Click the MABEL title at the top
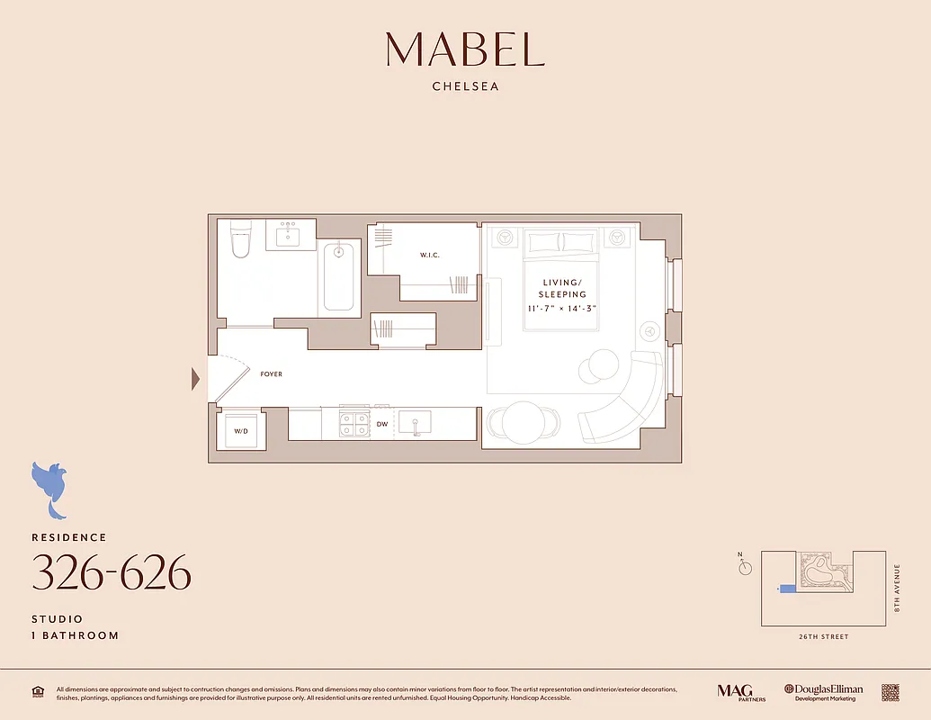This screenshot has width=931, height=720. pyautogui.click(x=465, y=49)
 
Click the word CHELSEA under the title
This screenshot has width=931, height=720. pyautogui.click(x=465, y=87)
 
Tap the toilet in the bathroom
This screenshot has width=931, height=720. pyautogui.click(x=240, y=240)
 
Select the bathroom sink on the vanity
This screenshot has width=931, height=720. pyautogui.click(x=290, y=236)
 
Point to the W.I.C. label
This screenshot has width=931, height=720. pyautogui.click(x=429, y=256)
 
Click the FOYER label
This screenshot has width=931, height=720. pyautogui.click(x=271, y=374)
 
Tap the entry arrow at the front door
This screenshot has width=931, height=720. pyautogui.click(x=195, y=379)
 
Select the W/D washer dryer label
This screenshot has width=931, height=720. pyautogui.click(x=241, y=431)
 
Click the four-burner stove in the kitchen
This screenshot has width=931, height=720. pyautogui.click(x=354, y=423)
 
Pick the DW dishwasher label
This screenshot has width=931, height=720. pyautogui.click(x=382, y=424)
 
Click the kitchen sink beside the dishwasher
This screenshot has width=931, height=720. pyautogui.click(x=416, y=423)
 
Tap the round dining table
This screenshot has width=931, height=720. pyautogui.click(x=522, y=421)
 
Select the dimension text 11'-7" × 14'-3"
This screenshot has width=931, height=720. pyautogui.click(x=562, y=309)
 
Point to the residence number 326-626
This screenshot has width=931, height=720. pyautogui.click(x=112, y=572)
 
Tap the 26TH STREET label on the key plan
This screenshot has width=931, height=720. pyautogui.click(x=822, y=637)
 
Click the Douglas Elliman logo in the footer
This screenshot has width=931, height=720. pyautogui.click(x=823, y=692)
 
